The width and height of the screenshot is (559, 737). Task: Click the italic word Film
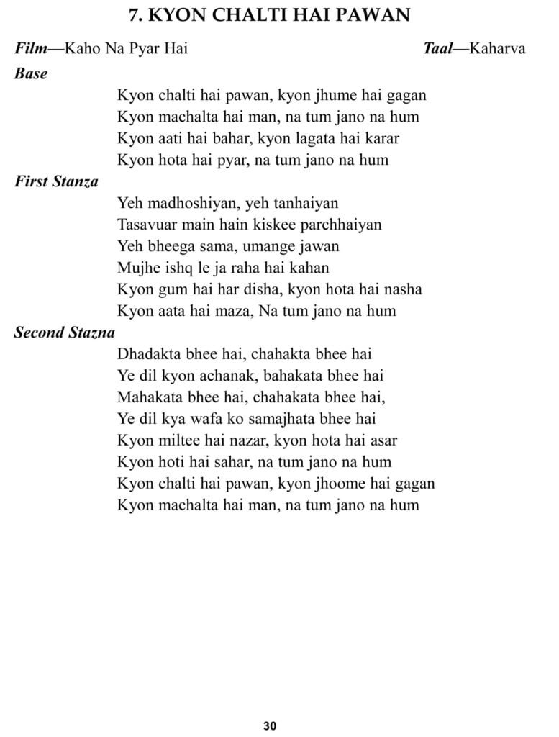coord(29,49)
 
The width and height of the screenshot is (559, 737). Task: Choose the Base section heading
coord(31,73)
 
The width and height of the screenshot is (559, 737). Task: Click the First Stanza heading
coord(56,181)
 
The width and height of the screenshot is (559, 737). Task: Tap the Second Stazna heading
coord(65,333)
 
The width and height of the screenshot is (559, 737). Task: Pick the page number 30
coord(270,725)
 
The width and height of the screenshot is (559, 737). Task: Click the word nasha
coord(403,289)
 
